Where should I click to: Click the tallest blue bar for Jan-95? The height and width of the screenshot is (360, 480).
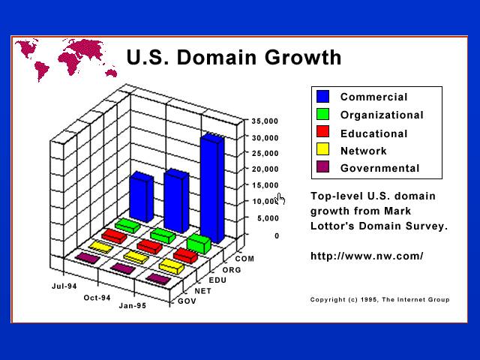point(212,189)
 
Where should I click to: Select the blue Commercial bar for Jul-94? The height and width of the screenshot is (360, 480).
point(142,196)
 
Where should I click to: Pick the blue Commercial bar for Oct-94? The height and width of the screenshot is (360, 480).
point(176,201)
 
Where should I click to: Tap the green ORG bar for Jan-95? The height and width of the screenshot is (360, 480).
point(199,244)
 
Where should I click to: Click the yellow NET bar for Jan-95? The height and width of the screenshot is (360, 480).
point(172,266)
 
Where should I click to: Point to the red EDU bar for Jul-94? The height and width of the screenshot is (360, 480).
point(114,236)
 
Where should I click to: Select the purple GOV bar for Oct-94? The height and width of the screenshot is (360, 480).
point(123,268)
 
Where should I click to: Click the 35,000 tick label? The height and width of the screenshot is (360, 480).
point(265,121)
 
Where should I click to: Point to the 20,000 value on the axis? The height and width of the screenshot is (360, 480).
point(265,169)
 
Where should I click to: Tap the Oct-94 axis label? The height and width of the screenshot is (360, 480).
point(97,298)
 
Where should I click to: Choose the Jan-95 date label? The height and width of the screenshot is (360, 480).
point(132,305)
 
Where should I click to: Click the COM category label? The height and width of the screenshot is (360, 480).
point(244,259)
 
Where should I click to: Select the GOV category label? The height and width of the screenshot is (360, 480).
point(187,301)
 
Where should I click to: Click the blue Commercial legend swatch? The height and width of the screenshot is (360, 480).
point(323,97)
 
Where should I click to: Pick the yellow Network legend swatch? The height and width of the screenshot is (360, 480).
point(323,149)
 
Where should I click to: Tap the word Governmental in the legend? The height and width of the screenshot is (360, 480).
point(380,168)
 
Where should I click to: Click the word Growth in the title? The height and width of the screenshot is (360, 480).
point(303,57)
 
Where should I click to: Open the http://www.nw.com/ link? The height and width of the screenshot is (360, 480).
point(367,256)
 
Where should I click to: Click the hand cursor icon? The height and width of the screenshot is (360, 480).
point(280,199)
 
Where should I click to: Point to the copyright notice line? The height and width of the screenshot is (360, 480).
point(380,300)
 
